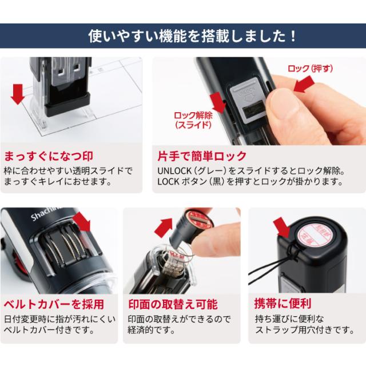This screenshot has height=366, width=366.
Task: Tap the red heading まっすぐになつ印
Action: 50,156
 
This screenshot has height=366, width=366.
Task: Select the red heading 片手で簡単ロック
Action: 202,156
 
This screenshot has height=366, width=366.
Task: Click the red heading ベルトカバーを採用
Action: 55,304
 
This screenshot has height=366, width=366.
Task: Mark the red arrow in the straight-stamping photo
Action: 18,93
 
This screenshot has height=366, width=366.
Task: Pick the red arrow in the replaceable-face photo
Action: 166,227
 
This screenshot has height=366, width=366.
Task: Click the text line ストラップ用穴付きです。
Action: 301,329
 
